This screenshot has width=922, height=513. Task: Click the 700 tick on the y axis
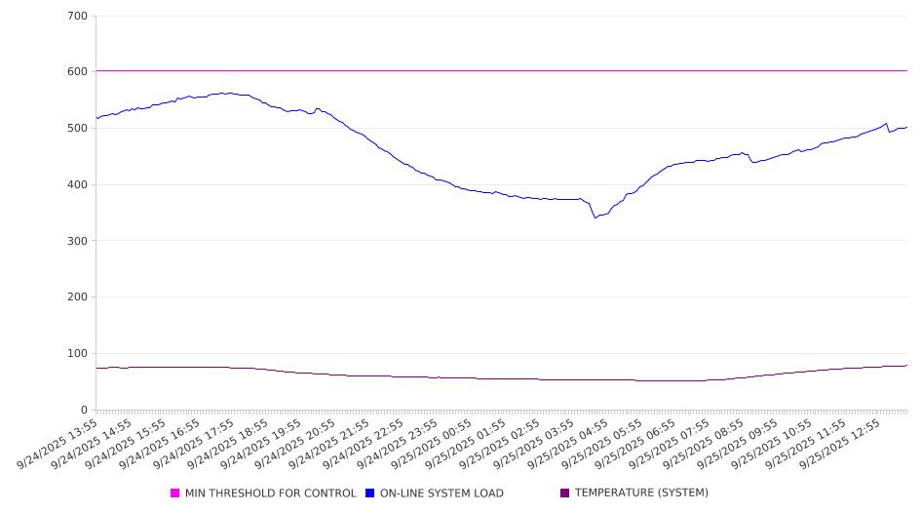pos(77,17)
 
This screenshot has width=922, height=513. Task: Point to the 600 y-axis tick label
pos(77,72)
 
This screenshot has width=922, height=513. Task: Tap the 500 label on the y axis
pos(77,129)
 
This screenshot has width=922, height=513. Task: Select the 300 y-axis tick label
pos(77,241)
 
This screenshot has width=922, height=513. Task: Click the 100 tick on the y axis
pos(77,354)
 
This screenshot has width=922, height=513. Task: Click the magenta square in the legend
pos(175,493)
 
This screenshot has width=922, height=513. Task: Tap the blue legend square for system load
pos(370,493)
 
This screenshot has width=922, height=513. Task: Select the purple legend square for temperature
pos(565,493)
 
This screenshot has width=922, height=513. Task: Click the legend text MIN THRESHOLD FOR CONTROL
pos(271,493)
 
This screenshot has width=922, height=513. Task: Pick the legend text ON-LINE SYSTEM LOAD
pos(442,493)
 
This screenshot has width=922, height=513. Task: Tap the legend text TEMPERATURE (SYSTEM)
pos(641,493)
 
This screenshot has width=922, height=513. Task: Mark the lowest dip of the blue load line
pos(595,217)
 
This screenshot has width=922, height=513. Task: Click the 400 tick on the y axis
pos(77,185)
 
